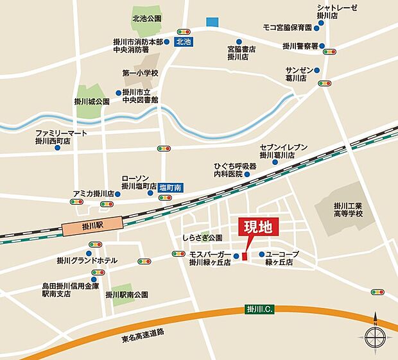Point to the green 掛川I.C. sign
pyautogui.click(x=259, y=309)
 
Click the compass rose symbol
pyautogui.click(x=376, y=335)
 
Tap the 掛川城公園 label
pyautogui.click(x=92, y=101)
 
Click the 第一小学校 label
pyautogui.click(x=140, y=73)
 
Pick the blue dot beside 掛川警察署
pyautogui.click(x=321, y=46)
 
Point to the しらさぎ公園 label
pyautogui.click(x=202, y=237)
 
